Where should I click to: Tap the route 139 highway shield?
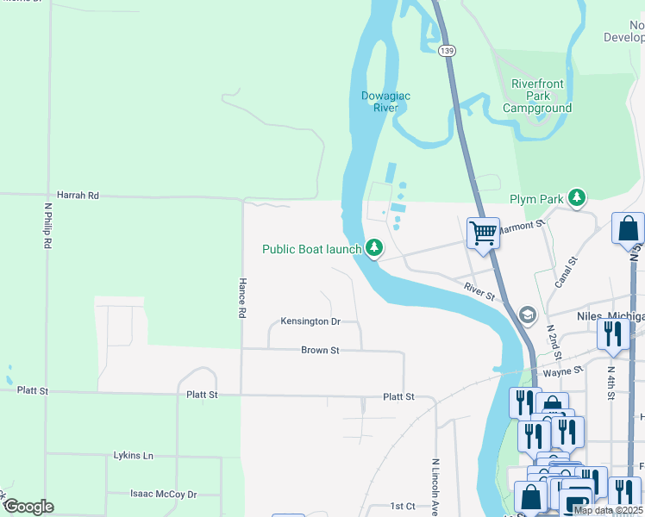click(x=446, y=52)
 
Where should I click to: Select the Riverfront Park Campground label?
click(x=537, y=97)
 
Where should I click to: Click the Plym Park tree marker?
click(x=577, y=199)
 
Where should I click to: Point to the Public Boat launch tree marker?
click(x=373, y=248)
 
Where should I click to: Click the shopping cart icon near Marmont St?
click(x=483, y=233)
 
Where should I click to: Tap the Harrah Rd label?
click(x=78, y=196)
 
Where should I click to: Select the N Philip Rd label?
click(x=48, y=227)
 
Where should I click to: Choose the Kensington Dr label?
click(x=310, y=321)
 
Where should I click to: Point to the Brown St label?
click(x=320, y=350)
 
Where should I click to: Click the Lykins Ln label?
click(x=133, y=455)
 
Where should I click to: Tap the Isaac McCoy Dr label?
click(x=163, y=494)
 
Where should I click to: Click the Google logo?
click(x=28, y=507)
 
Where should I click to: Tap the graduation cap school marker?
click(x=527, y=315)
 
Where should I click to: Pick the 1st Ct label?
click(x=403, y=506)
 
